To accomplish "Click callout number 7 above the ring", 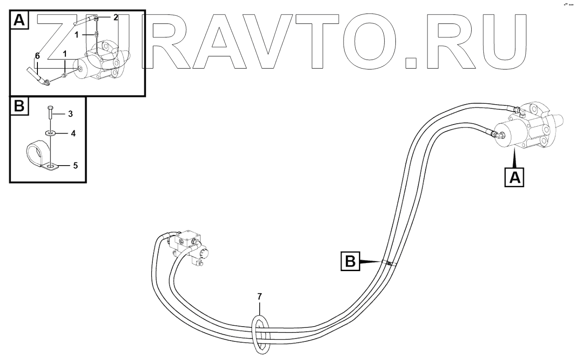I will [259, 296].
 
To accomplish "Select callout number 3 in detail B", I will [70, 114].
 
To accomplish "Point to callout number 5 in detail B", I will [75, 166].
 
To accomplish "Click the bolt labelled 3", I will [50, 112].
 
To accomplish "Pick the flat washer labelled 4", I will [50, 134].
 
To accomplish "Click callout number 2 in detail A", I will [115, 17].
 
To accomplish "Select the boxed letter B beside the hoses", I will [350, 261].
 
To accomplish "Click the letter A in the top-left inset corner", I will [18, 19].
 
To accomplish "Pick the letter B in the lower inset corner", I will [18, 106].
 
